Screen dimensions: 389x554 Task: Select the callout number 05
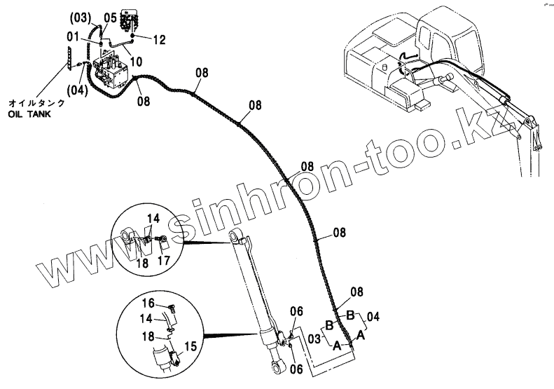[111, 17]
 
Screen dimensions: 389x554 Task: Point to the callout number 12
[158, 41]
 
